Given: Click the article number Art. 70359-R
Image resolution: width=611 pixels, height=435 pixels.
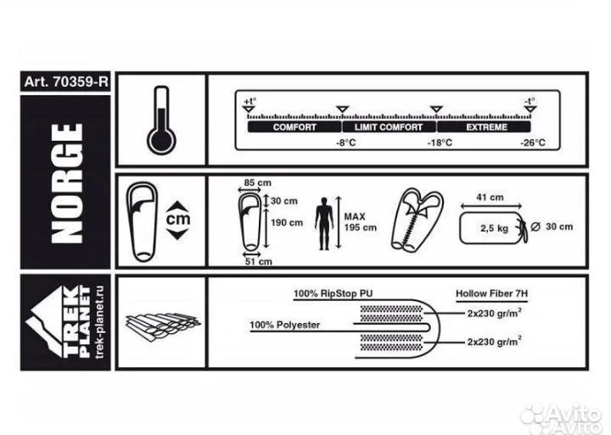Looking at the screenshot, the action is coord(65,81).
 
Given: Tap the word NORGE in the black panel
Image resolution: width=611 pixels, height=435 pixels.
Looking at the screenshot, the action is coord(67,183).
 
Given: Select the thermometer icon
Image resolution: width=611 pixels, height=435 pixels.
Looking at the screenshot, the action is coord(161,120).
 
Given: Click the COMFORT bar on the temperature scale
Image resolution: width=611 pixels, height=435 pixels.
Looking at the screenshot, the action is coord(294,127).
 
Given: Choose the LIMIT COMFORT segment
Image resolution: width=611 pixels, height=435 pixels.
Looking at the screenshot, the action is coord(389,127).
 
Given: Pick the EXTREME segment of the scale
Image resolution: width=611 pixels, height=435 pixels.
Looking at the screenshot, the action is coord(484,127).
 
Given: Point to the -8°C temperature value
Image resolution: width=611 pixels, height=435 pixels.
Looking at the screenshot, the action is coord(346,143).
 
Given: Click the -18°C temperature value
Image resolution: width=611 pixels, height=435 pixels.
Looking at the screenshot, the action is coord(440,143).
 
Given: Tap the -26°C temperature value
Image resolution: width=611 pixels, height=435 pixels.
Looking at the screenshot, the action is coord(533,143).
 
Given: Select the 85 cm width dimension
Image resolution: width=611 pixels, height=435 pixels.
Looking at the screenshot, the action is coord(258,182).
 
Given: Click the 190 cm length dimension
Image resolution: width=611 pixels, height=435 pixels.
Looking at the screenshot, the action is coord(287,223).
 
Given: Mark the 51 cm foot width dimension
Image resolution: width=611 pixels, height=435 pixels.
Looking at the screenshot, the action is coord(258,262).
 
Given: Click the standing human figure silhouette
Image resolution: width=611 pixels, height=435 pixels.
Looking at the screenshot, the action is coord(324,224).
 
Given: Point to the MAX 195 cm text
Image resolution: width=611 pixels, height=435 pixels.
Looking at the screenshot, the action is coord(360,222).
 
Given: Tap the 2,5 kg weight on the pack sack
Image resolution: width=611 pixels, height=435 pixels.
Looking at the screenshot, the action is coord(494,228).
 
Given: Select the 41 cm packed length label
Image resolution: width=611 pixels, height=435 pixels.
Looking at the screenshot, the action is coord(490,198).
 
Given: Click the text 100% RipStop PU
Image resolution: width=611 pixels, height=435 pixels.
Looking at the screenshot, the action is coord(334,293).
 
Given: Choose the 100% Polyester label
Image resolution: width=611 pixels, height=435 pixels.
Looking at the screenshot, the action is coord(285,325).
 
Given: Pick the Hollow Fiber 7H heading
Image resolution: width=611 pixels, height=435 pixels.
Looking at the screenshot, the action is coord(491,293).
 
